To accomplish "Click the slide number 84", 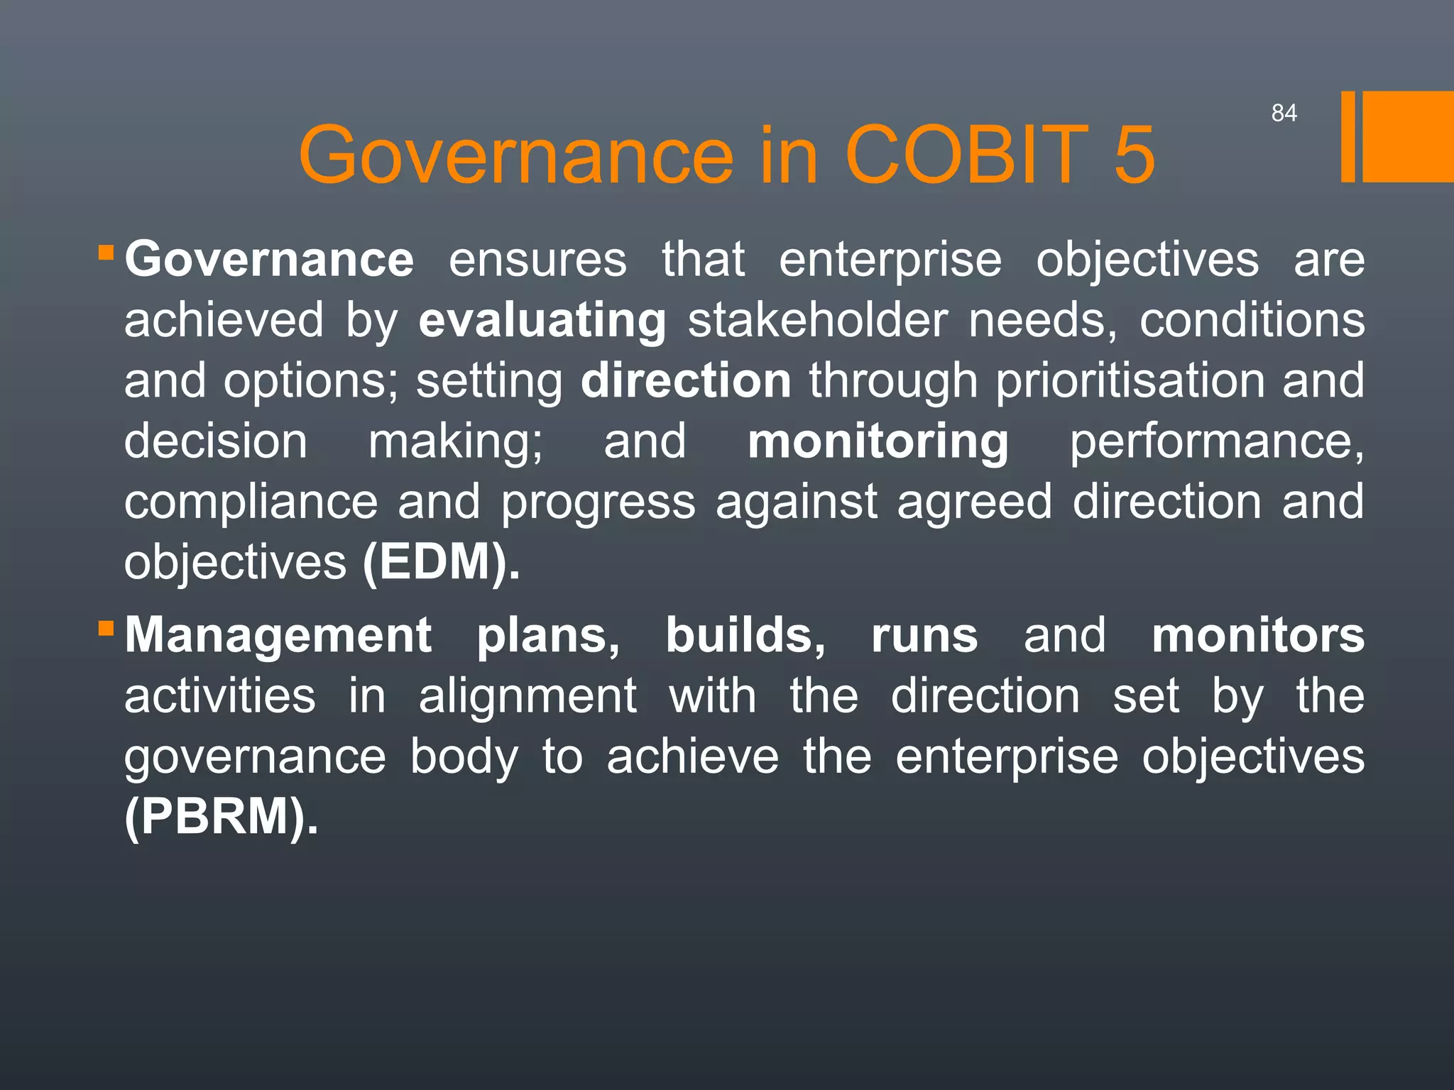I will [1284, 113].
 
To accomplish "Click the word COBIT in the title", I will [966, 155].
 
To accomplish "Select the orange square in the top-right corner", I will [1408, 136].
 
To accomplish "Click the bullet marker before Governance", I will [106, 253].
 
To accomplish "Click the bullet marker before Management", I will [106, 628].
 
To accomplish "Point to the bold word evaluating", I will [542, 321].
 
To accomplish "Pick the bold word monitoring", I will [878, 441].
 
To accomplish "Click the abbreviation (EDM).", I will [441, 562].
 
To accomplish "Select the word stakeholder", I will [817, 321].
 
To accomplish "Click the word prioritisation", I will [1130, 381].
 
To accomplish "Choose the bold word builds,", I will [745, 635].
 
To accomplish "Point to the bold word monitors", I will [1257, 635].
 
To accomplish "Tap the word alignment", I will [528, 696].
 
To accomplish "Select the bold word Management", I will [278, 635].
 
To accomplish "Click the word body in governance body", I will [464, 756].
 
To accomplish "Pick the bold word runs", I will [924, 635].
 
